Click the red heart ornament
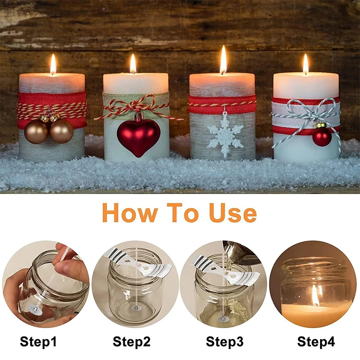click(x=139, y=135)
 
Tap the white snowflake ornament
click(x=225, y=134)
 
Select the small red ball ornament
click(x=322, y=137)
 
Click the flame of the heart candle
click(x=133, y=64)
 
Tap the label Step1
click(x=38, y=342)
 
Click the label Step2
click(x=131, y=342)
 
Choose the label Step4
click(x=316, y=342)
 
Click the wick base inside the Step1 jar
click(x=33, y=306)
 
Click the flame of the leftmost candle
click(x=53, y=64)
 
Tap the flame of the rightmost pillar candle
click(x=306, y=64)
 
